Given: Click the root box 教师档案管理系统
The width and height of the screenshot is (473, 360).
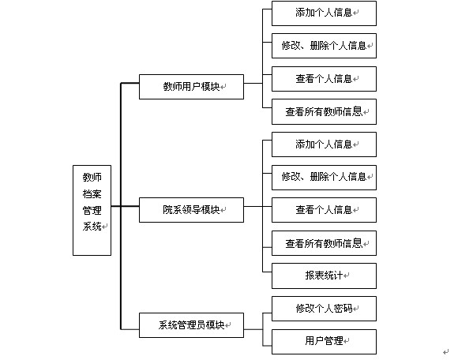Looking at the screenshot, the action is [92, 210].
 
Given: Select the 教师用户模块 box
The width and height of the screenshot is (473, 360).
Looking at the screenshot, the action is [191, 87].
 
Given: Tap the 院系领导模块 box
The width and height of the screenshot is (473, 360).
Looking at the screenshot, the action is [191, 210].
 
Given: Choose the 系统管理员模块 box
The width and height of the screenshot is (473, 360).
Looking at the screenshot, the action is [191, 325].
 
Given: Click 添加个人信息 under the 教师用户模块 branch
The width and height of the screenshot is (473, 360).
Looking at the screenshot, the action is [324, 13].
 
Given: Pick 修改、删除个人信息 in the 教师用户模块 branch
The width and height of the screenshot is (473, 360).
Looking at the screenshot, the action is [324, 46].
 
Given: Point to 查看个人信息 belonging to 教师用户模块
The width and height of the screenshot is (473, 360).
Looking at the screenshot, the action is [324, 79].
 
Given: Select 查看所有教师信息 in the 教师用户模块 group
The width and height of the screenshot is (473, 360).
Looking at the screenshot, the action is [324, 111].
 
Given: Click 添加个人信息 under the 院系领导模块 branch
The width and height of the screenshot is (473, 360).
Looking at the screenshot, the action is [324, 144].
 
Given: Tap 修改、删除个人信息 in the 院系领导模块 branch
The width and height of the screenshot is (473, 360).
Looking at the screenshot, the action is [324, 178].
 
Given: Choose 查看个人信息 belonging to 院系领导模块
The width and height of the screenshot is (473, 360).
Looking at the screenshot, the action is [324, 210].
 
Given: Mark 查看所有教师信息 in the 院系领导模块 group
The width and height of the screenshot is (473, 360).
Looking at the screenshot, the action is [324, 243].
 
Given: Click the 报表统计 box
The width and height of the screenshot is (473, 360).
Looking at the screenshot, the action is [324, 276].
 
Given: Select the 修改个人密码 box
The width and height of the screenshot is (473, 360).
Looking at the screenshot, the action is [324, 309].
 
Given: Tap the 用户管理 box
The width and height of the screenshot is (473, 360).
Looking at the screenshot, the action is [324, 342].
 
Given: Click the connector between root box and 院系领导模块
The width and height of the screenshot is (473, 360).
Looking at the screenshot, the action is [126, 206].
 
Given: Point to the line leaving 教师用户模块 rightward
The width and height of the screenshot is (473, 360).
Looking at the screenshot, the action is [253, 83].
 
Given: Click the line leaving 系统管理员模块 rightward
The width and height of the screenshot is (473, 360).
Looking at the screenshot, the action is [253, 329].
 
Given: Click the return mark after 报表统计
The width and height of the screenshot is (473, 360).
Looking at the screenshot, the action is [347, 276].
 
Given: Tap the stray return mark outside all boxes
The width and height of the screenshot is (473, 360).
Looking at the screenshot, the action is [446, 352].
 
